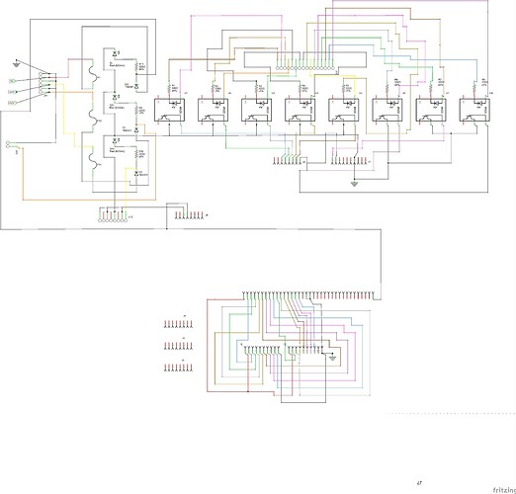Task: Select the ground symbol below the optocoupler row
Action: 352,183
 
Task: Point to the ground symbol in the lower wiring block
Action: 333,357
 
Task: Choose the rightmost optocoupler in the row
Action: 475,111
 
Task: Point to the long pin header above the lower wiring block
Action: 306,294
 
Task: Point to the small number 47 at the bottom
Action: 419,482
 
